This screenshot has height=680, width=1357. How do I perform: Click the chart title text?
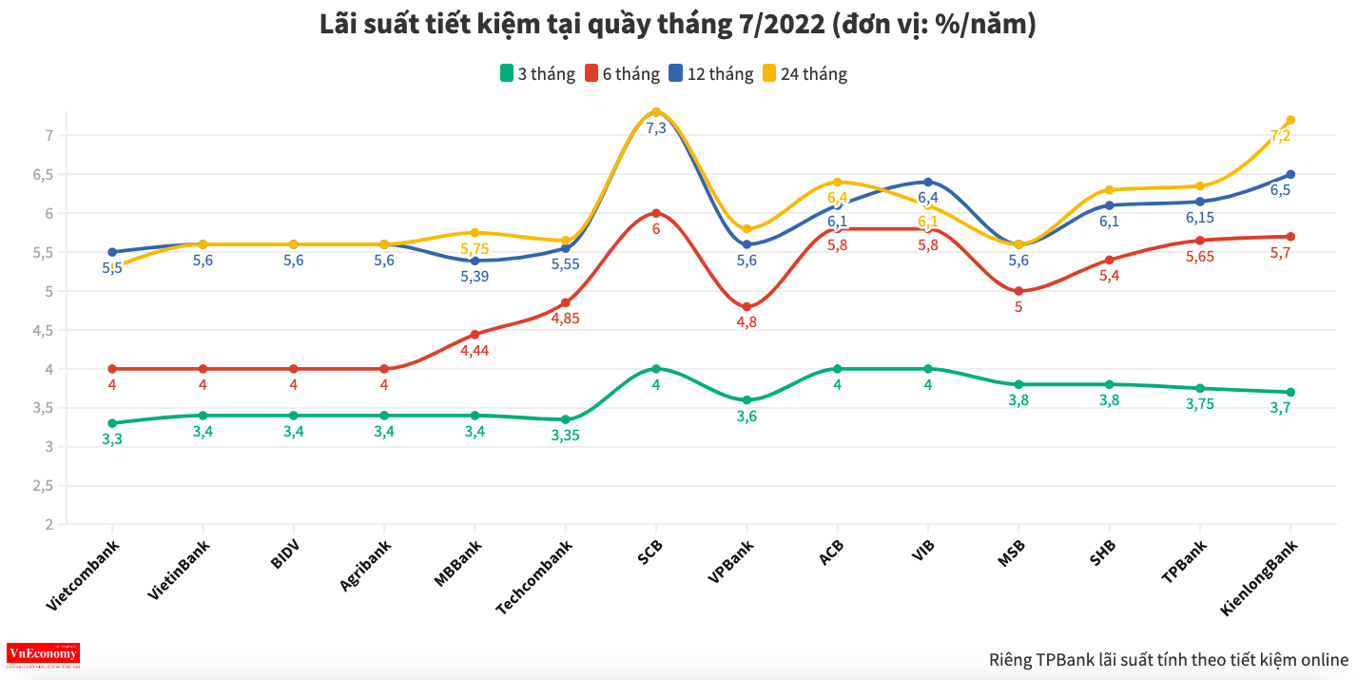[x=678, y=25]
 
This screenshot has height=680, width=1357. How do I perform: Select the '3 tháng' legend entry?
[x=537, y=74]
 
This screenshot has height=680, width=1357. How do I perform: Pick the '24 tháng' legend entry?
[x=803, y=74]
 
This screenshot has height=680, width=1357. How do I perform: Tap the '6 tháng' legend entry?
[x=622, y=74]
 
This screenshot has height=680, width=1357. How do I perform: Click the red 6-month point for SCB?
[x=656, y=213]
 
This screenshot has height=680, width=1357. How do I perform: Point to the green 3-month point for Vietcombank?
[x=112, y=423]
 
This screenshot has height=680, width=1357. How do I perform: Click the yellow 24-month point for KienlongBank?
[x=1290, y=120]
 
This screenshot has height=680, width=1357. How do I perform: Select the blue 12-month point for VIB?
[x=928, y=182]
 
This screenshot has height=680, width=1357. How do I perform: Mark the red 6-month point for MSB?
[x=1018, y=291]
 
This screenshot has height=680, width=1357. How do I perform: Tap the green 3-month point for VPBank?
[x=746, y=400]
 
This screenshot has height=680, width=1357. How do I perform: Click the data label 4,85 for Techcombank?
[x=565, y=319]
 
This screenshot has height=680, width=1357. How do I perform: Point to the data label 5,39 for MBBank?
[x=474, y=277]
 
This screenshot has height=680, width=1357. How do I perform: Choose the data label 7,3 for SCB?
[x=656, y=128]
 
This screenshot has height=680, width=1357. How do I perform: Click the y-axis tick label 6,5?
[x=45, y=174]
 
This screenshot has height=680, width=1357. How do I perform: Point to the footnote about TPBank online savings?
[x=1168, y=659]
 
